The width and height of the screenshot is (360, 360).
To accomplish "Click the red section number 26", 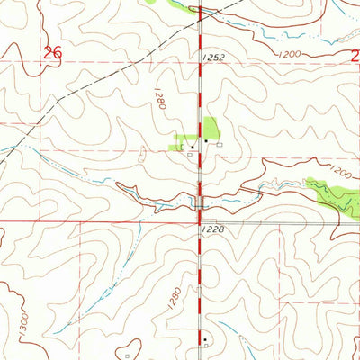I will (x=52, y=53).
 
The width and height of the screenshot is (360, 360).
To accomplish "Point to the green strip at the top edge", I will (x=184, y=6).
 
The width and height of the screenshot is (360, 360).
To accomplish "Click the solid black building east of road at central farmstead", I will (x=207, y=141).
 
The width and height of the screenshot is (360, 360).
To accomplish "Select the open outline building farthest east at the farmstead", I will (x=220, y=143).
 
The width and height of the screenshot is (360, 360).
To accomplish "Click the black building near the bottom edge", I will (x=205, y=340).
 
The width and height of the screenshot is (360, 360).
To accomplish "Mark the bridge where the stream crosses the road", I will (x=200, y=202).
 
